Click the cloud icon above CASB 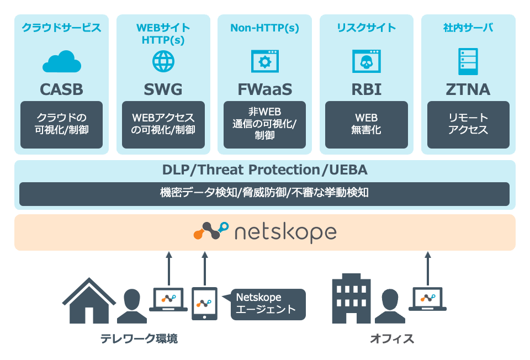pos(61,62)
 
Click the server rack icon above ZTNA pos(468,61)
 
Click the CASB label pos(61,89)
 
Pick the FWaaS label pos(264,89)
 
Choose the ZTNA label pos(468,89)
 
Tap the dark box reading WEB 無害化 pos(366,125)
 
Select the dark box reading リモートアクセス pos(468,125)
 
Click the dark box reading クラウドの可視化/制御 pos(61,125)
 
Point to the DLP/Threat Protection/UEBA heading pos(264,170)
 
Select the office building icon pos(351,301)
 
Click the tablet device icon pos(204,304)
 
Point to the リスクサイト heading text pos(366,28)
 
